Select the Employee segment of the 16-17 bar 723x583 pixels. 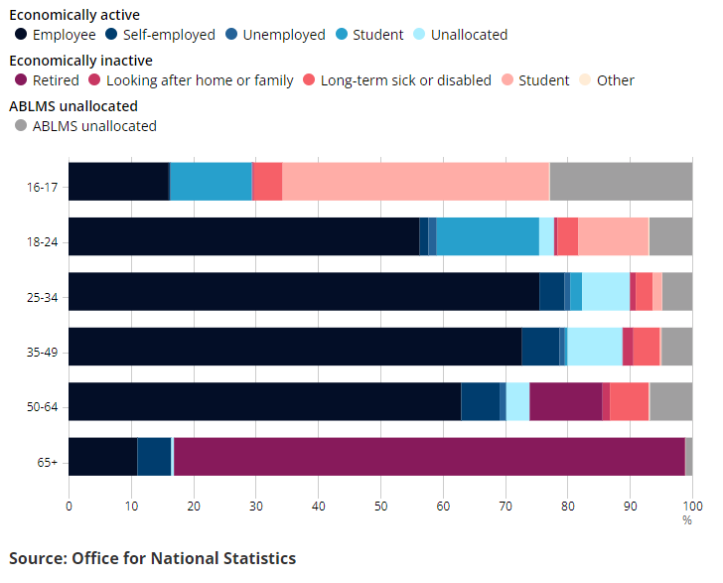[x=118, y=181]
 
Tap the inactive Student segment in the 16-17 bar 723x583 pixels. [x=415, y=181]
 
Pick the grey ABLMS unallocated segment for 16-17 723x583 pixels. [x=621, y=181]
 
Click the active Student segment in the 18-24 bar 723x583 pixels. [x=487, y=236]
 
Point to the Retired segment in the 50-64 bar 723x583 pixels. [x=565, y=401]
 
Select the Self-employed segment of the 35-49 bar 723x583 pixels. [x=540, y=347]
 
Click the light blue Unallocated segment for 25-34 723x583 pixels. [x=606, y=291]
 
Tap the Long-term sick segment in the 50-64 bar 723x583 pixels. [x=629, y=401]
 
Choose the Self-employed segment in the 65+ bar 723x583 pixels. [x=154, y=456]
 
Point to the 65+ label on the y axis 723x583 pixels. [x=47, y=456]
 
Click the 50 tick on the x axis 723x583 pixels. [x=380, y=506]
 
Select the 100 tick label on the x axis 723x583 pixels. [x=692, y=506]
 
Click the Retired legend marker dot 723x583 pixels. [x=22, y=80]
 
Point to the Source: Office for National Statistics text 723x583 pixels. [x=152, y=558]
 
